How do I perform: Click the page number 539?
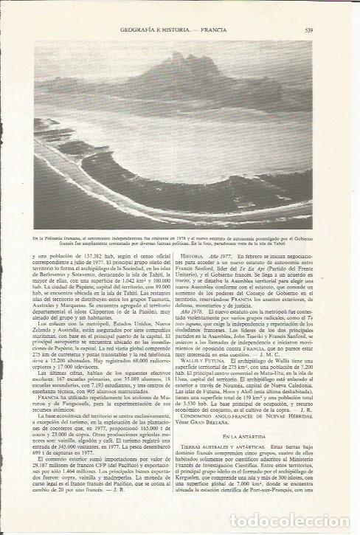[x=309, y=30]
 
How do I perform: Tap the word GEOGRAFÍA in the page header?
[x=141, y=30]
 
